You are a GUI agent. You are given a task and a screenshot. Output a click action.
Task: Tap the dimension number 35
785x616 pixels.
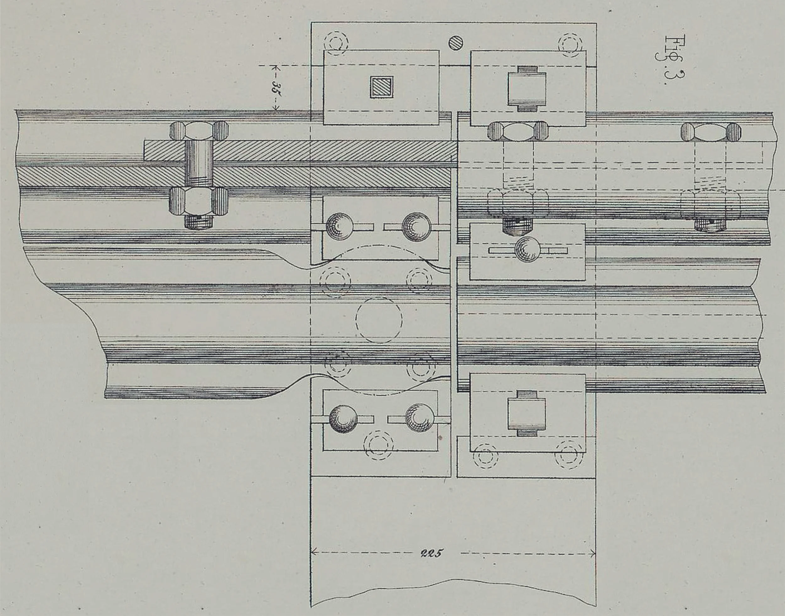[x=276, y=87]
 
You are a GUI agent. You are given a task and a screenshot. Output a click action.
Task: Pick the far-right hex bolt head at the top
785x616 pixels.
[x=711, y=132]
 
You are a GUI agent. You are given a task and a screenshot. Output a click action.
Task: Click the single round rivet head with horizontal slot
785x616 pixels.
[x=528, y=250]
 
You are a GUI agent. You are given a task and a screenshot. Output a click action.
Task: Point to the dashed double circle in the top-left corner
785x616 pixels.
[x=336, y=44]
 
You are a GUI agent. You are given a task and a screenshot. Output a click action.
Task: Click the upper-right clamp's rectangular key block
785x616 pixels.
[x=527, y=89]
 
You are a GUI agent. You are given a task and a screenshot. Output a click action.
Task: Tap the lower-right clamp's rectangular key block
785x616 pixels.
[x=527, y=413]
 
